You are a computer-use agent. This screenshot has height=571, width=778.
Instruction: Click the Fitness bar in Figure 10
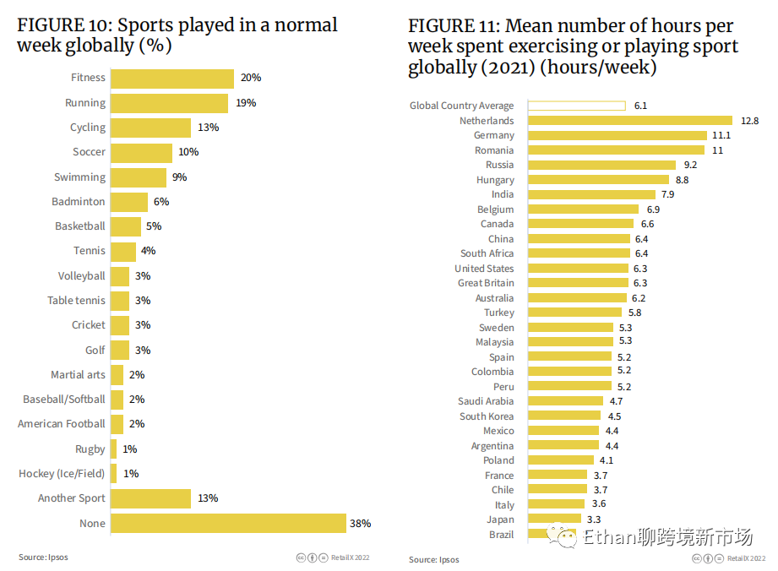pyautogui.click(x=172, y=79)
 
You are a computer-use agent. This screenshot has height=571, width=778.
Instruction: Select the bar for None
pyautogui.click(x=228, y=524)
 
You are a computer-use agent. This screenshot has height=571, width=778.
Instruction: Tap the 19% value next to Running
pyautogui.click(x=246, y=103)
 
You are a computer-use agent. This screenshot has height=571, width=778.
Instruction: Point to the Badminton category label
pyautogui.click(x=79, y=202)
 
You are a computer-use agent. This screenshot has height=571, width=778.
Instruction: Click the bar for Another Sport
pyautogui.click(x=150, y=498)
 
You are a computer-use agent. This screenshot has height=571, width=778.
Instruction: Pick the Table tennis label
pyautogui.click(x=76, y=301)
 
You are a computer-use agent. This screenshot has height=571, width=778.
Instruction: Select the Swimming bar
pyautogui.click(x=139, y=177)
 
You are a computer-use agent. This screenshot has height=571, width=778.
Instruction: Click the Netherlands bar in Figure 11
pyautogui.click(x=630, y=121)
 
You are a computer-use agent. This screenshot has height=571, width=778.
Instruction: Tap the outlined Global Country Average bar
pyautogui.click(x=577, y=106)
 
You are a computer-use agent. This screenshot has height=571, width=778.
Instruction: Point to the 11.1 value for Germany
pyautogui.click(x=721, y=135)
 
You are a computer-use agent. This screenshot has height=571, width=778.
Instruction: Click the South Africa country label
pyautogui.click(x=487, y=253)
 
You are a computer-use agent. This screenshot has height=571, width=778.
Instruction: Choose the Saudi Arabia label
pyautogui.click(x=486, y=401)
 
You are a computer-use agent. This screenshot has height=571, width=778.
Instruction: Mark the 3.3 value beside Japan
pyautogui.click(x=594, y=519)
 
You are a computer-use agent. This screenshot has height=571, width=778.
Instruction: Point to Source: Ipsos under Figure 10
pyautogui.click(x=44, y=557)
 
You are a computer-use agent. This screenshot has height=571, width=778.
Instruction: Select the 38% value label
pyautogui.click(x=360, y=524)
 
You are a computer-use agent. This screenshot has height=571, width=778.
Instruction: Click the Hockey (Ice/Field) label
pyautogui.click(x=62, y=474)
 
